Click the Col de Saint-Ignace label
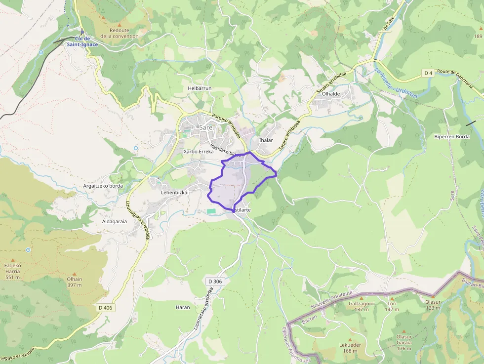pyautogui.click(x=82, y=41)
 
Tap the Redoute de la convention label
pyautogui.click(x=120, y=33)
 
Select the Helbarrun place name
pyautogui.click(x=200, y=88)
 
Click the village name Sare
pyautogui.click(x=205, y=127)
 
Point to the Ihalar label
pyautogui.click(x=266, y=140)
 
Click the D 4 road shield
pyautogui.click(x=428, y=74)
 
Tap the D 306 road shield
pyautogui.click(x=215, y=282)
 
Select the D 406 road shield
pyautogui.click(x=105, y=308)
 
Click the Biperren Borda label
pyautogui.click(x=452, y=136)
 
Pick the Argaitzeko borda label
pyautogui.click(x=103, y=186)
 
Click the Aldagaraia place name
pyautogui.click(x=114, y=221)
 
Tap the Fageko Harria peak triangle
pyautogui.click(x=13, y=260)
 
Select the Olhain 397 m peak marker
pyautogui.click(x=75, y=273)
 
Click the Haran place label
pyautogui.click(x=183, y=307)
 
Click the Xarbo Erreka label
pyautogui.click(x=199, y=152)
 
